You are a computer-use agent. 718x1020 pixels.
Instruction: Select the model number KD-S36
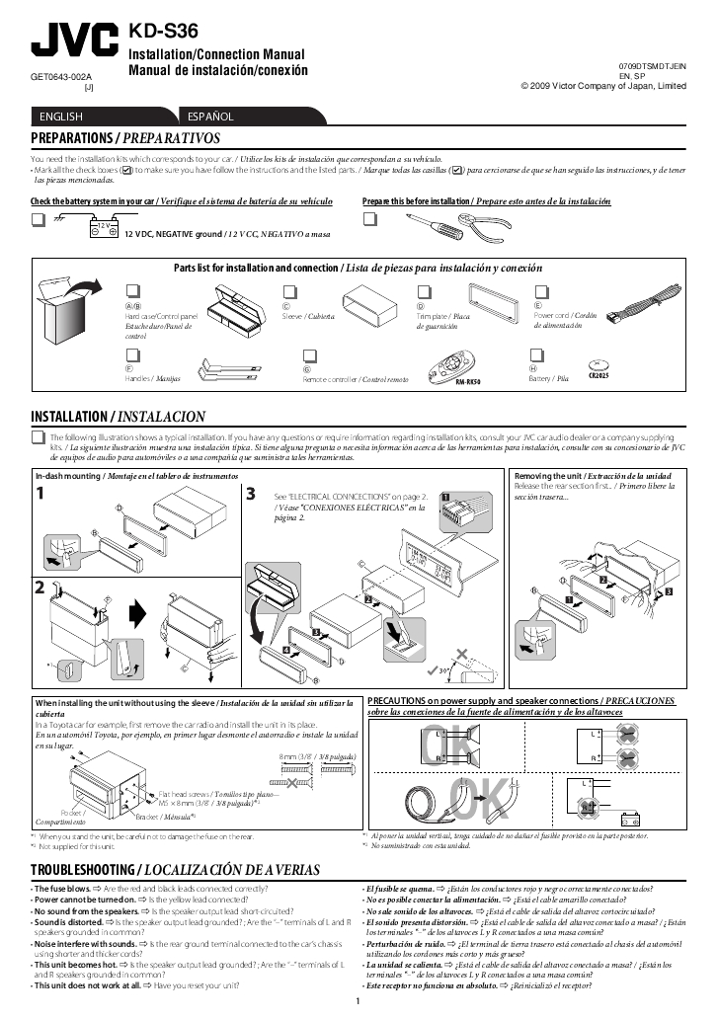pyautogui.click(x=163, y=33)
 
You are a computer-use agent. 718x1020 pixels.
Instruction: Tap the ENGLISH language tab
pyautogui.click(x=60, y=117)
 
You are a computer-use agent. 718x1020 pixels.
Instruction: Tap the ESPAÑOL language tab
pyautogui.click(x=209, y=117)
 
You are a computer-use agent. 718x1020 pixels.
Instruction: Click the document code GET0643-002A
pyautogui.click(x=61, y=76)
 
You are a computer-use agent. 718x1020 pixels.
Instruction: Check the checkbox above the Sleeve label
pyautogui.click(x=288, y=291)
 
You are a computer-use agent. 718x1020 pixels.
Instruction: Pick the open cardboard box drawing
pyautogui.click(x=64, y=306)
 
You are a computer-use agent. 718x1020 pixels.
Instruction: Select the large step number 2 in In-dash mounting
pyautogui.click(x=39, y=588)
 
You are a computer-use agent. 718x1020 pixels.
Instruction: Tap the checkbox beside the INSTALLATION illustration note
pyautogui.click(x=38, y=436)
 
